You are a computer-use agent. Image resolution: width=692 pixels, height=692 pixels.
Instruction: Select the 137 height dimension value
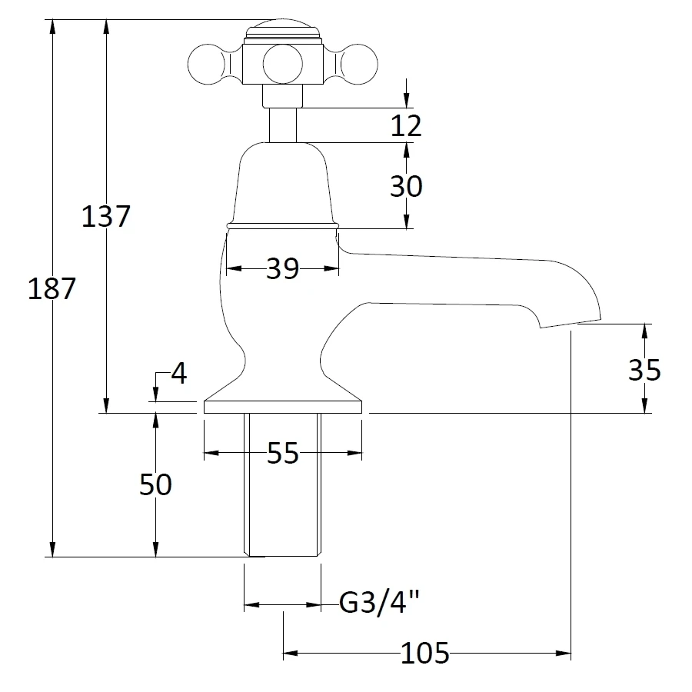coord(106,216)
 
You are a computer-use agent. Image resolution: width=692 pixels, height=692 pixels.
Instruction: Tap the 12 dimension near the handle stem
coord(406,125)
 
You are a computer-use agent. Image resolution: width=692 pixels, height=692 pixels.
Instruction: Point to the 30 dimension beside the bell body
coord(406,186)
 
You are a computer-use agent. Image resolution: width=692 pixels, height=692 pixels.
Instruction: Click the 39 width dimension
coord(282,269)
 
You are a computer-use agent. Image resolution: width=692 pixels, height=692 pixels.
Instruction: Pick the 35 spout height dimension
coord(644,370)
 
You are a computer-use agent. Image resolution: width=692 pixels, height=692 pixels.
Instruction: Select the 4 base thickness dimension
coord(178,374)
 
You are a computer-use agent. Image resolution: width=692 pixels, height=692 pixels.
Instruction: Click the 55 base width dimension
coord(282,454)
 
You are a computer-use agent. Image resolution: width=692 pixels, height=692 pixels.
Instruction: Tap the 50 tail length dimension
coord(155,484)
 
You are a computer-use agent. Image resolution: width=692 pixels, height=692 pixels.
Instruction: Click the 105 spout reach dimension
coord(424,654)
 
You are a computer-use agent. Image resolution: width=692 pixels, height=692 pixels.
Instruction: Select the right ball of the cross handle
coord(354,63)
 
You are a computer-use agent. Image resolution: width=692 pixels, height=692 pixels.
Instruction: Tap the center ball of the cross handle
coord(281,63)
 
